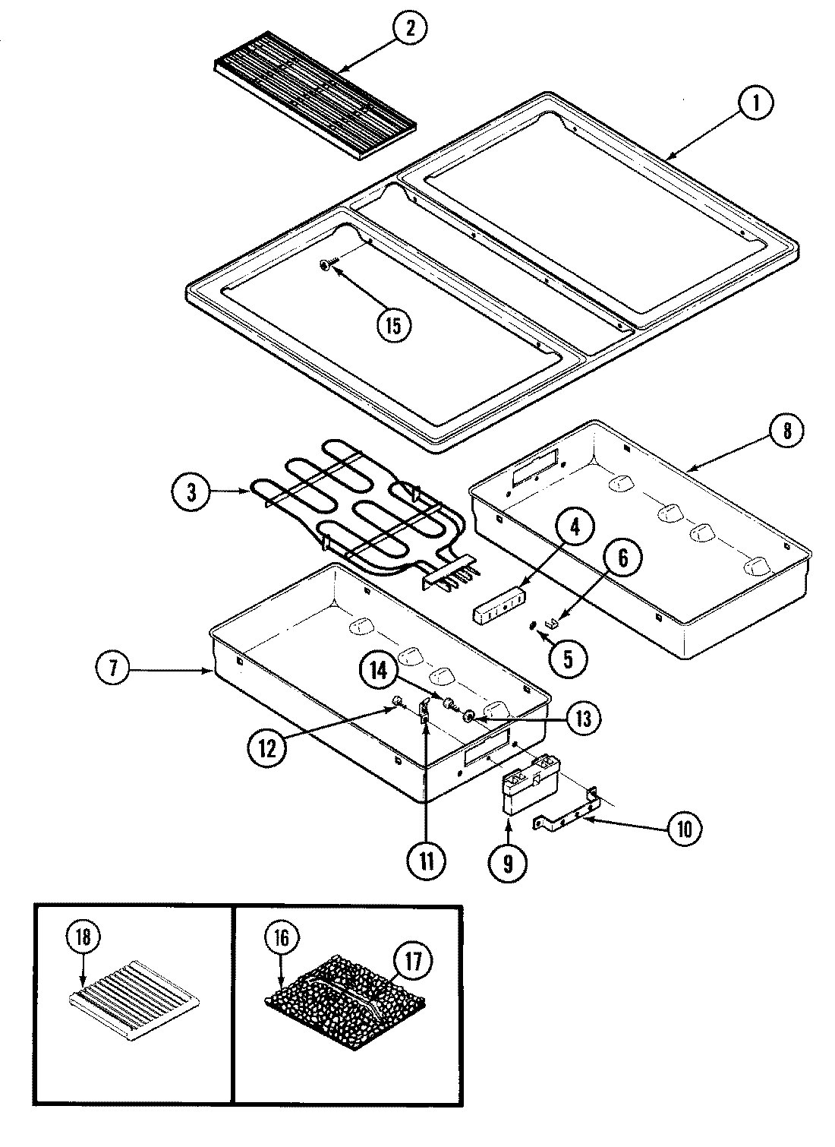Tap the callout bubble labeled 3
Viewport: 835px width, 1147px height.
pos(192,491)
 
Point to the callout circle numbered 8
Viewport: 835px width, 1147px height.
pos(786,431)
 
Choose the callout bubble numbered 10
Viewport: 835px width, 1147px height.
pos(684,829)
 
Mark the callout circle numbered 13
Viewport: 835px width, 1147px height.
pos(583,719)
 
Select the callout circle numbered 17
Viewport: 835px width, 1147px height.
pos(413,960)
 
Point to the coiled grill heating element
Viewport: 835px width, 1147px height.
pos(364,509)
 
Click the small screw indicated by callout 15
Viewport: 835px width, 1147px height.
pos(325,264)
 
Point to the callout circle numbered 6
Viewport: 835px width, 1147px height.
pos(622,559)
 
